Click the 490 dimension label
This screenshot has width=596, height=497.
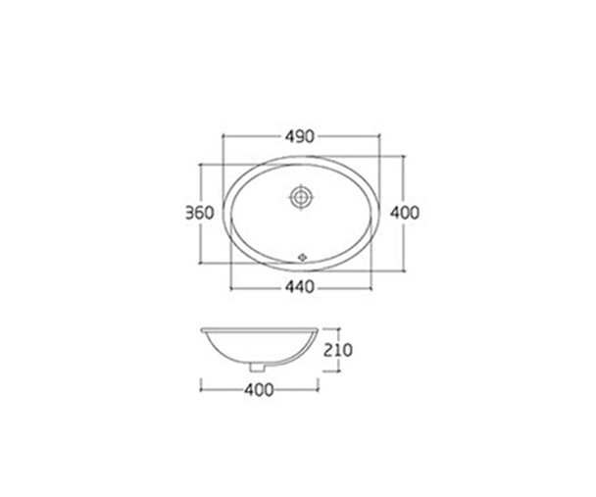click(x=300, y=137)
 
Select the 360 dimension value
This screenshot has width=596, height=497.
click(x=200, y=213)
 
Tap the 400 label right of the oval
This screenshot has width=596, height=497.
click(x=405, y=213)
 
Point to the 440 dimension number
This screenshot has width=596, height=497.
click(x=300, y=287)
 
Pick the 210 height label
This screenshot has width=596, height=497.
click(x=337, y=350)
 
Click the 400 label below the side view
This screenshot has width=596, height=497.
click(x=259, y=389)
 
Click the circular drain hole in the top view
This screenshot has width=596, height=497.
click(x=301, y=197)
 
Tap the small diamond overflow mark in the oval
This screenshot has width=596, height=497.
click(x=302, y=257)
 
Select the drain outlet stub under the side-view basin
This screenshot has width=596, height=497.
click(x=257, y=368)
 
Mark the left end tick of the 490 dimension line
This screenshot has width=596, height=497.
click(x=223, y=135)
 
